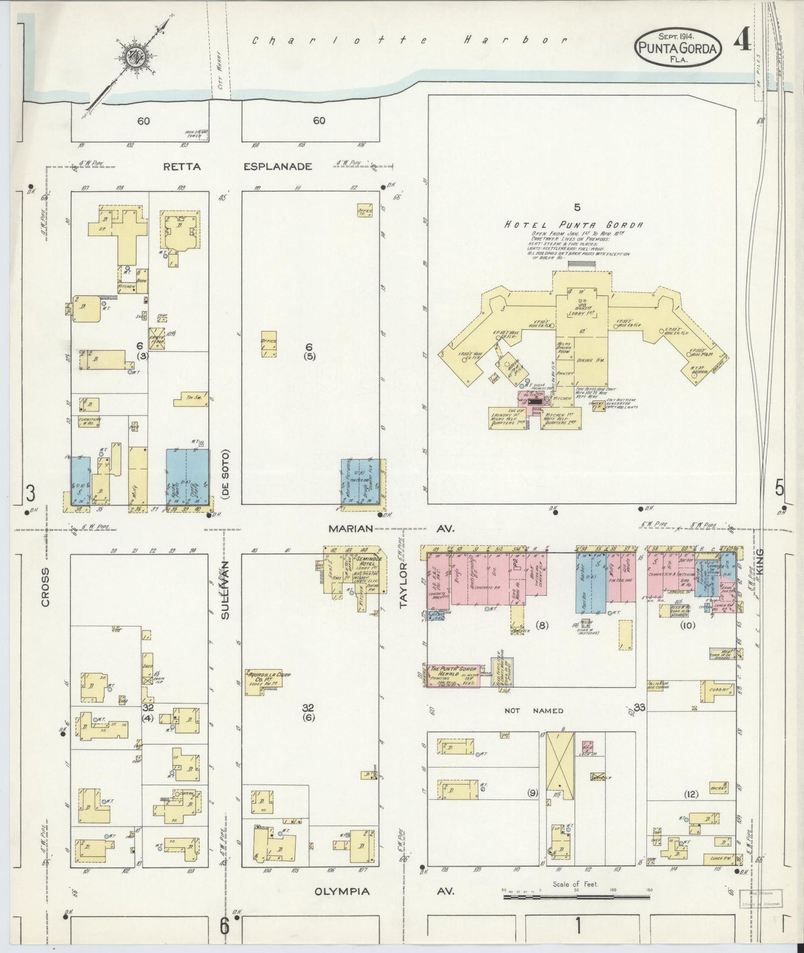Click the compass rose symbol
(136, 58)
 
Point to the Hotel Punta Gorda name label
(573, 225)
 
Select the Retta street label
(181, 166)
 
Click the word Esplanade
(278, 166)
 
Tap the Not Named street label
(534, 711)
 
